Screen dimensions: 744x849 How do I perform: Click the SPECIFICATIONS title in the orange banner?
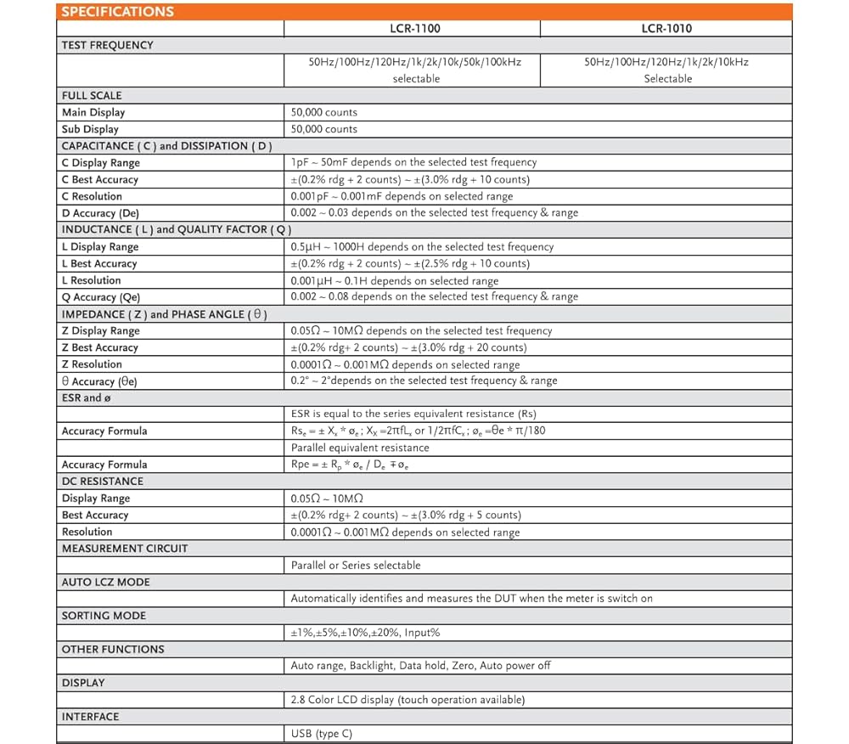tap(117, 12)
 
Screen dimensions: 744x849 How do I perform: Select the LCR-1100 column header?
tap(415, 28)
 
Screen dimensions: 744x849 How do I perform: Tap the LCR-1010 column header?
tap(666, 28)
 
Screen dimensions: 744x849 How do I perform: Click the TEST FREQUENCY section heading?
tap(107, 45)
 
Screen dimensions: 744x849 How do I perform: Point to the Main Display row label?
tap(93, 112)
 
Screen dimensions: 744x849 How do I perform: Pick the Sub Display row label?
tap(90, 129)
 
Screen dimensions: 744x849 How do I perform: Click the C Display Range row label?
tap(101, 162)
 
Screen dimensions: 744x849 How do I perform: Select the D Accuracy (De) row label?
tap(100, 213)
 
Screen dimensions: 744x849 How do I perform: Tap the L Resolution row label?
tap(91, 280)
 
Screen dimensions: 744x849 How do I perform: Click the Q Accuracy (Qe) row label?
tap(101, 297)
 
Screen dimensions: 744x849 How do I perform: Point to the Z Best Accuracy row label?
tap(99, 347)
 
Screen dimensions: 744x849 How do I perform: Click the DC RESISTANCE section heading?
tap(102, 481)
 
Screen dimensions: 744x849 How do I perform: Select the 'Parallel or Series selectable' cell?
tap(356, 565)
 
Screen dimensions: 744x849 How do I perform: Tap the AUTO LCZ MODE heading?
tap(105, 582)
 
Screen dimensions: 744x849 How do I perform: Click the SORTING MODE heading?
tap(104, 615)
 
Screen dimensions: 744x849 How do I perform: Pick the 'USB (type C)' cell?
tap(321, 733)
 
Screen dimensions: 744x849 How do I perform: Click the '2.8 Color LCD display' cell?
tap(408, 700)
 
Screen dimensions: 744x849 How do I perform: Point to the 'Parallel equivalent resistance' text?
tap(360, 448)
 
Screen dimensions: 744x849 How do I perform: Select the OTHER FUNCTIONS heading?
tap(113, 649)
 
